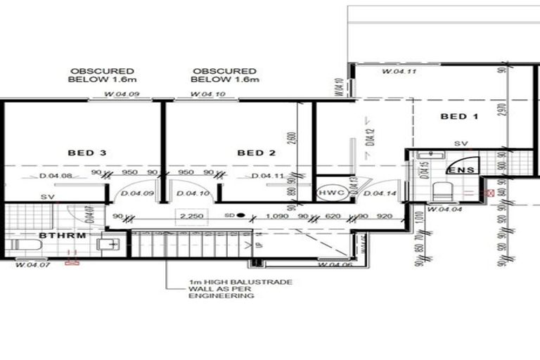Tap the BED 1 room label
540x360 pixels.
click(459, 116)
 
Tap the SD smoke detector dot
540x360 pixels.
click(240, 215)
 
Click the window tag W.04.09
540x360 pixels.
click(121, 95)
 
